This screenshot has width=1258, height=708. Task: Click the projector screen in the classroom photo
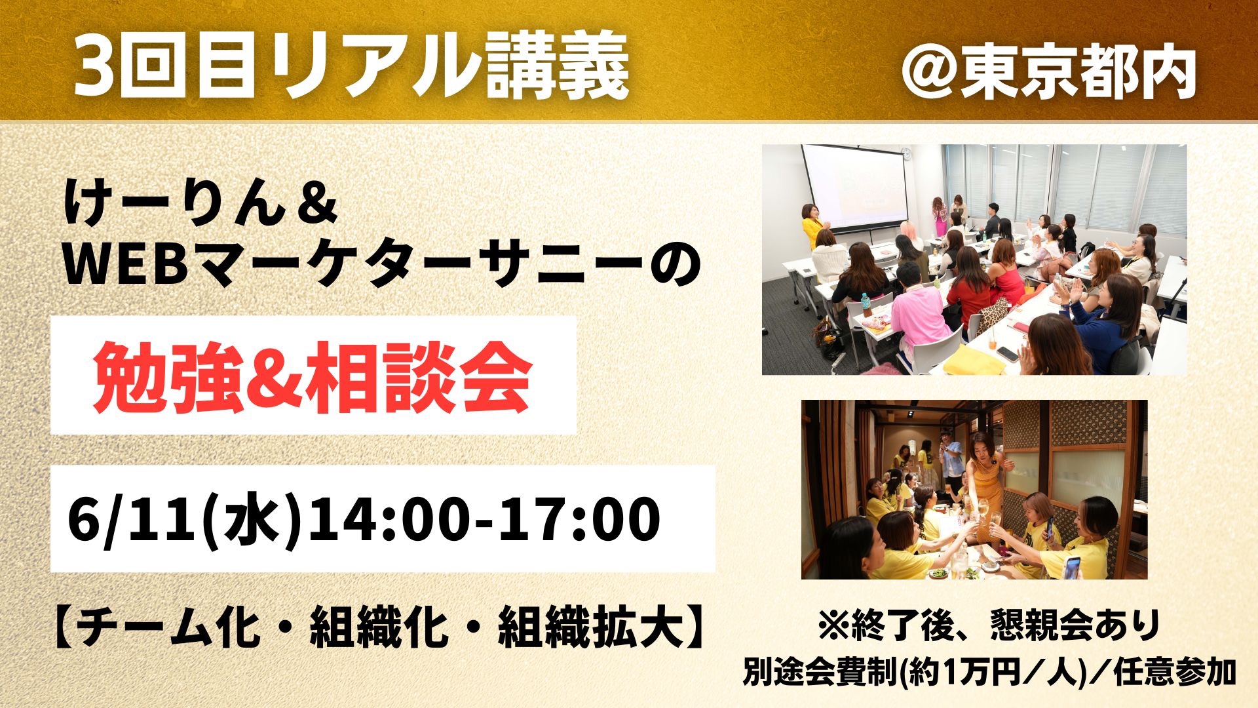854,184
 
